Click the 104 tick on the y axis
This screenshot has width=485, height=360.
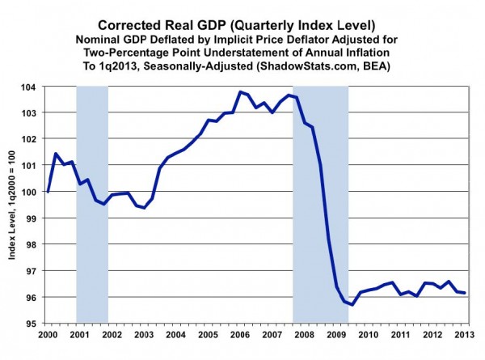click(x=37, y=86)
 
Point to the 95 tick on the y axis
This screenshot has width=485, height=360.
click(x=37, y=324)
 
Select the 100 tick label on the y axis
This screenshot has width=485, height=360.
click(x=37, y=192)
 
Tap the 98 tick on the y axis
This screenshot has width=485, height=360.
click(x=37, y=244)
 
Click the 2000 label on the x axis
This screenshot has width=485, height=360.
click(x=48, y=335)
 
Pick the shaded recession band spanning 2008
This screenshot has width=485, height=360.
click(x=320, y=202)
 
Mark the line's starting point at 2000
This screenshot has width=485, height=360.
click(x=48, y=192)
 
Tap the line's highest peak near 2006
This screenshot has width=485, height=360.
click(x=241, y=92)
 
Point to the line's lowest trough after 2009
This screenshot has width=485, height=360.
click(x=352, y=305)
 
